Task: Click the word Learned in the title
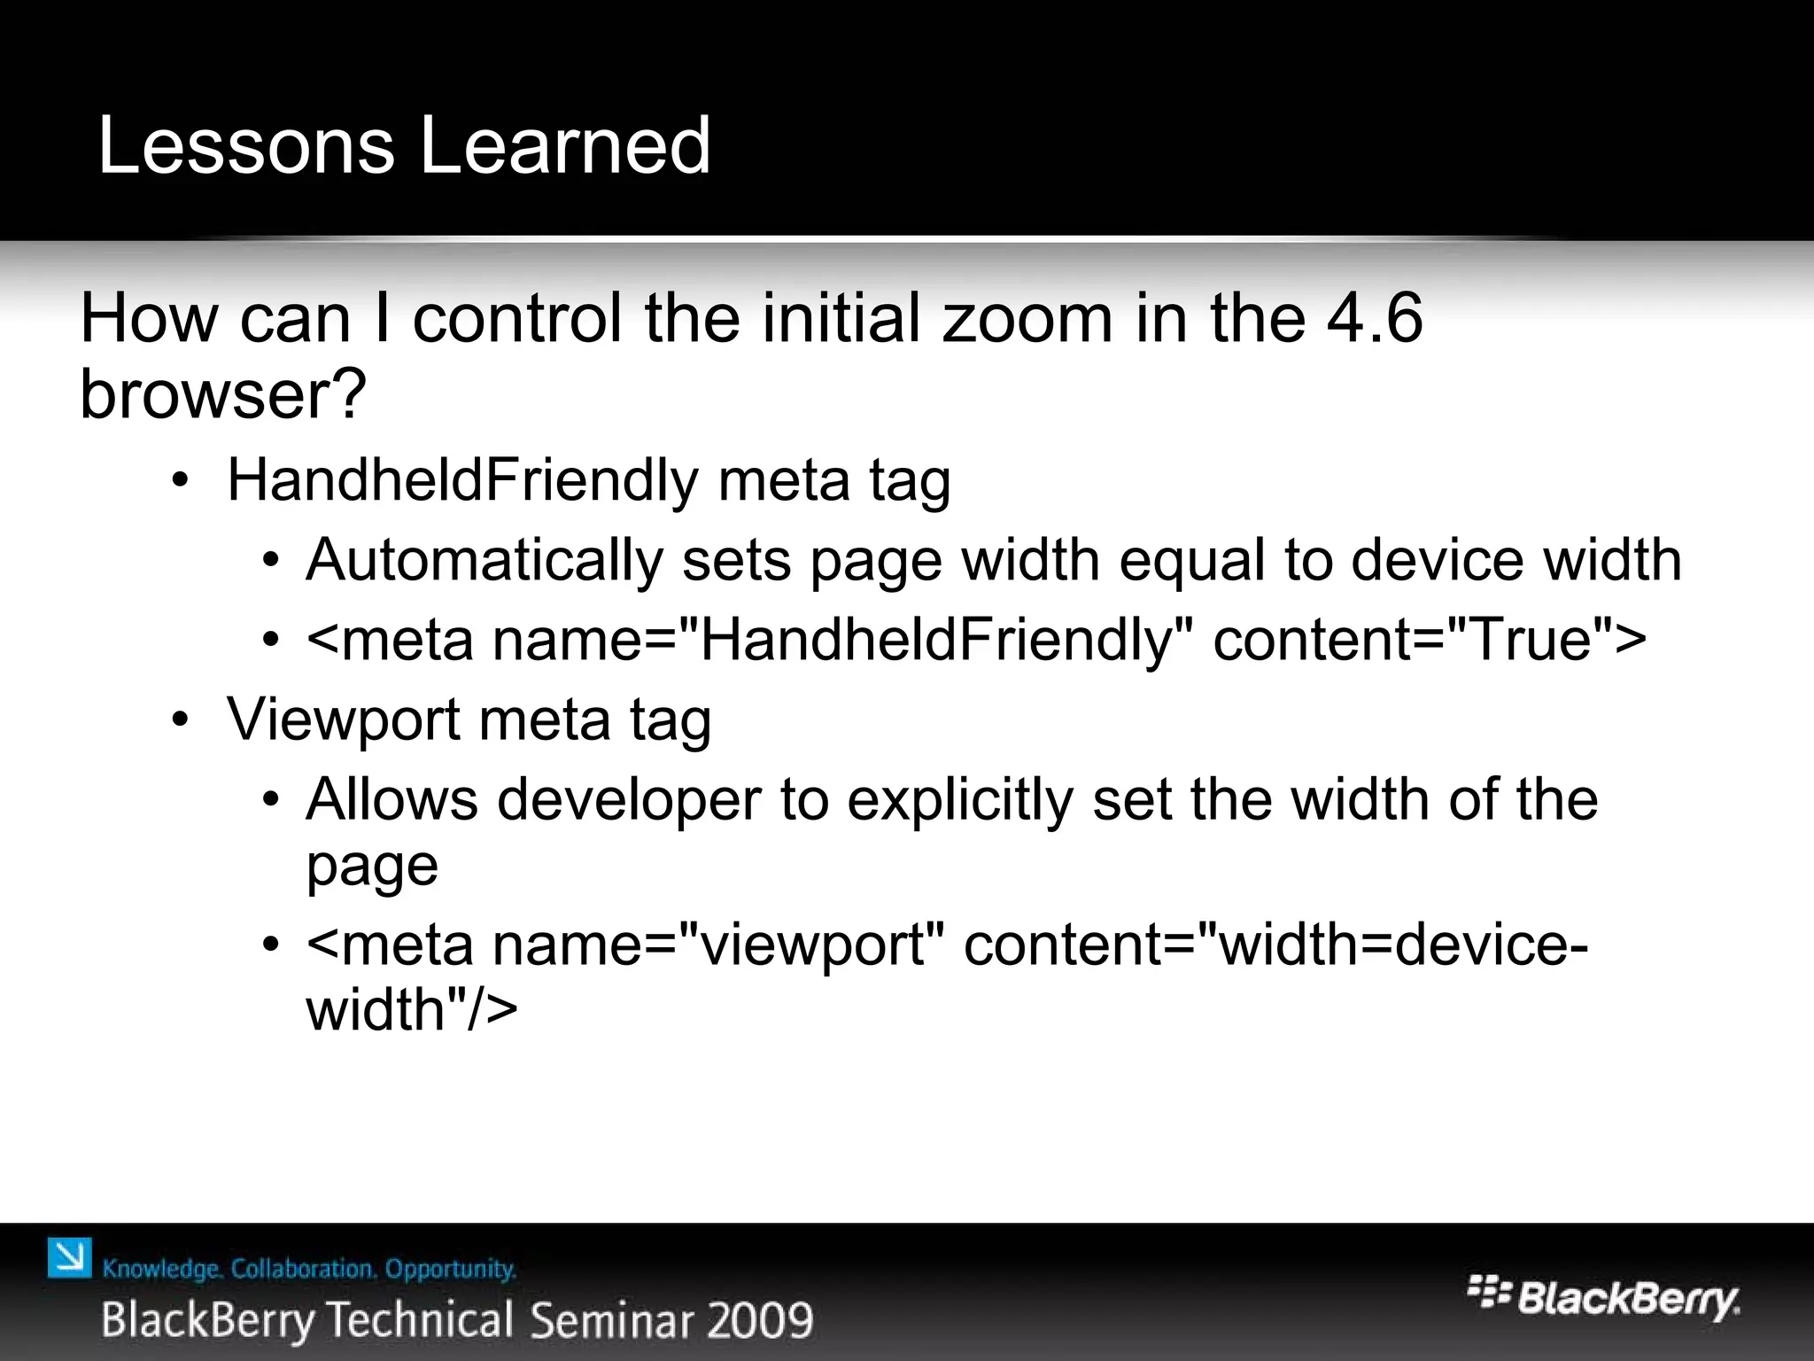point(565,145)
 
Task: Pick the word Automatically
point(484,560)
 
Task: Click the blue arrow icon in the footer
point(70,1257)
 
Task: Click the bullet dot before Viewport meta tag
point(181,719)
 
